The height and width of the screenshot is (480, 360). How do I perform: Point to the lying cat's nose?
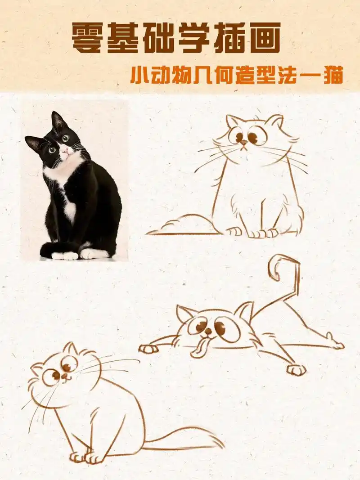(x=207, y=332)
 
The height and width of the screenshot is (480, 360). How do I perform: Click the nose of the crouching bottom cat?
(x=65, y=377)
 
